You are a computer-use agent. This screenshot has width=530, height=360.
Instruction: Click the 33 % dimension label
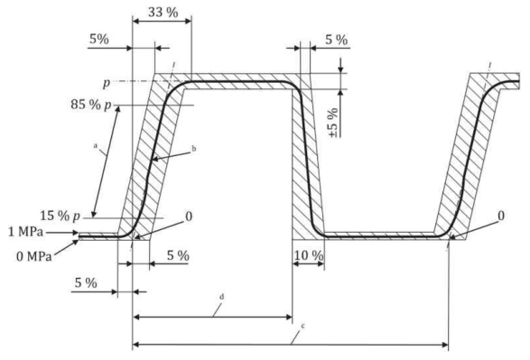point(163,13)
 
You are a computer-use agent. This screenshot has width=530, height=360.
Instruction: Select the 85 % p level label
point(91,105)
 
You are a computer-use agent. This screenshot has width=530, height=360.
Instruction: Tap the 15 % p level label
point(60,216)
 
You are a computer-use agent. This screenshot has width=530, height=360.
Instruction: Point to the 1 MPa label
point(26,232)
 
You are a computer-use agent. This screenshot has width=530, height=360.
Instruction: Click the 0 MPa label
point(34,256)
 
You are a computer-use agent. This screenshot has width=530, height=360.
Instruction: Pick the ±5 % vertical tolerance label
point(333,123)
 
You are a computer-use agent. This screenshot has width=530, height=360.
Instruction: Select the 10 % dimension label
point(309,255)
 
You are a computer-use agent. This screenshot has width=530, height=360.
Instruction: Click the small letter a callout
point(96,145)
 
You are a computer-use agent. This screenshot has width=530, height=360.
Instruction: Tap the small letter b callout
point(194,148)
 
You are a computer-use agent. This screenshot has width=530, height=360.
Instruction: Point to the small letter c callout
point(302,327)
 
